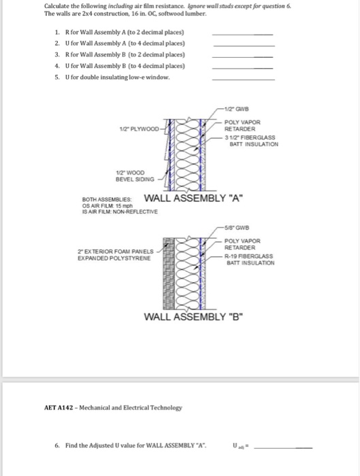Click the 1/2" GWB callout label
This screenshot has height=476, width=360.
pos(236,109)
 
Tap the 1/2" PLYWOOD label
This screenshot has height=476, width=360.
pos(139,129)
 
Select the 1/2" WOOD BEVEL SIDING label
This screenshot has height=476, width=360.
pos(135,176)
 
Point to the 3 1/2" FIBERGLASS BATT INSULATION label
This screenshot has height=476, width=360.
pos(252,141)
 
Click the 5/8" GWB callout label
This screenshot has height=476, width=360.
pos(237,228)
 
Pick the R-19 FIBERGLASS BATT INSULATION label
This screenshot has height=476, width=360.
pos(250,260)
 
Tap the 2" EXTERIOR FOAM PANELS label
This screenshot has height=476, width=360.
pos(116,252)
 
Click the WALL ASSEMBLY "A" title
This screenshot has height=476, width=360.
pos(193,199)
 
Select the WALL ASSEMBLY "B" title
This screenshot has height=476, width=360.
pos(193,317)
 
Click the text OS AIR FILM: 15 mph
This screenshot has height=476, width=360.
pos(108,206)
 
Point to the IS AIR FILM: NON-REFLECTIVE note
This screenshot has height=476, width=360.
pos(120,211)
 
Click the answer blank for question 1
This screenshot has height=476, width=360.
pos(242,35)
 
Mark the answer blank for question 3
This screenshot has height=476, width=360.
pos(242,57)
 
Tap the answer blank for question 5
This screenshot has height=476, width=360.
pos(244,80)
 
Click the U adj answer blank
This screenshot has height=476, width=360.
pos(283,447)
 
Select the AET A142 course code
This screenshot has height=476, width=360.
pos(59,408)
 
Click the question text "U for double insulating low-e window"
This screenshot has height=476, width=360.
pos(117,77)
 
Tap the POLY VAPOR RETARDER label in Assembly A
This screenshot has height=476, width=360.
pos(242,125)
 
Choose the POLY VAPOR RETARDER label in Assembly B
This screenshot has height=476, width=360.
pos(242,244)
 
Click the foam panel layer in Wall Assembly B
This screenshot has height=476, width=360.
pos(169,273)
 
